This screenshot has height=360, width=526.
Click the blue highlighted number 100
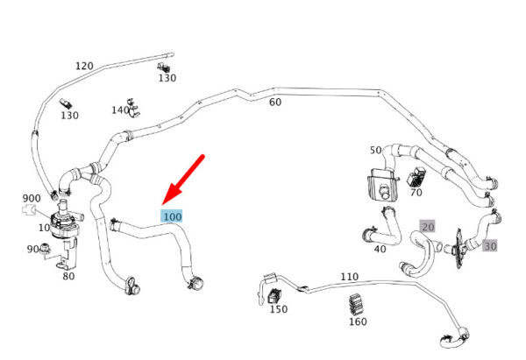coord(172,215)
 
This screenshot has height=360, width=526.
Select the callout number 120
coord(84,67)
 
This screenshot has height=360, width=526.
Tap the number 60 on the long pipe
coord(275,102)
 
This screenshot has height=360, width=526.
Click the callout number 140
coord(120,110)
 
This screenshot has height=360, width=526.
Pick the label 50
coord(376,150)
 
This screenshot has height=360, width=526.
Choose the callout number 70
coord(416,192)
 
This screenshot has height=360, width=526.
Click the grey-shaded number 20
coord(428,225)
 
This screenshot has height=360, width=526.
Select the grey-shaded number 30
coord(489,246)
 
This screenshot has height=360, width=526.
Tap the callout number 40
coord(380,249)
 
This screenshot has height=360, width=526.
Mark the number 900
coord(32,198)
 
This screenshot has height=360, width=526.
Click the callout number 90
coord(32,250)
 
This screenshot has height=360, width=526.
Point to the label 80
coord(68,275)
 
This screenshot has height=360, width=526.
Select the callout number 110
coord(349,277)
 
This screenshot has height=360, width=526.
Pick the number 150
coord(279,309)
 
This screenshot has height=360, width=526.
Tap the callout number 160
coord(358,321)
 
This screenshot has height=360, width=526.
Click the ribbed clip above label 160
coord(357,304)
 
